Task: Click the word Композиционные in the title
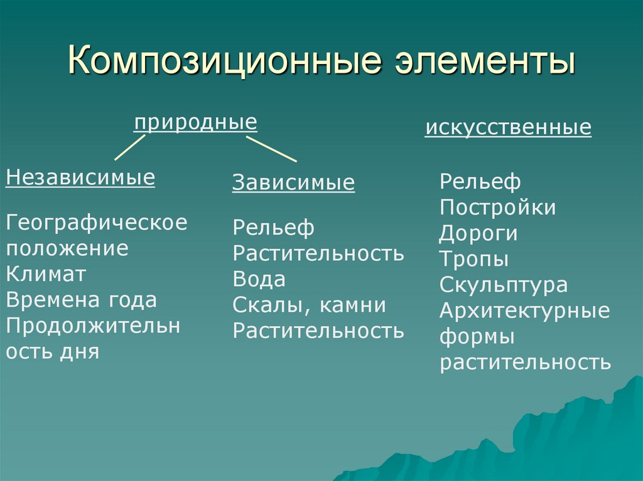click(225, 61)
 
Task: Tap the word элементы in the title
click(485, 61)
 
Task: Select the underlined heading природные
click(196, 122)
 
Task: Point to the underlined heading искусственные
click(508, 127)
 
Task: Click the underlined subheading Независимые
click(80, 177)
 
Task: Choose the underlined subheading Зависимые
click(294, 182)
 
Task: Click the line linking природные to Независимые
click(130, 147)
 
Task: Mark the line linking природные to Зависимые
click(271, 149)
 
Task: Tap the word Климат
click(46, 273)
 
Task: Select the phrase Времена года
click(82, 300)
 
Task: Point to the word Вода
click(259, 280)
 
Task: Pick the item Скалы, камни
click(310, 305)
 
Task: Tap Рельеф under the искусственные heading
click(480, 182)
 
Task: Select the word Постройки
click(498, 207)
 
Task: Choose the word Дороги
click(478, 234)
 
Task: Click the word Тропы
click(474, 260)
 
